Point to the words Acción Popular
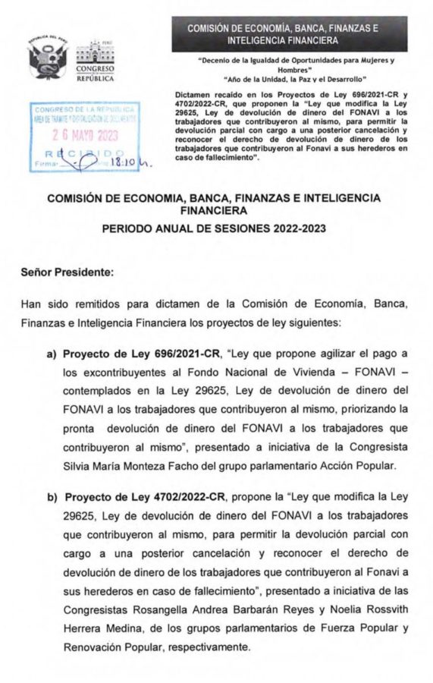pyautogui.click(x=356, y=464)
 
